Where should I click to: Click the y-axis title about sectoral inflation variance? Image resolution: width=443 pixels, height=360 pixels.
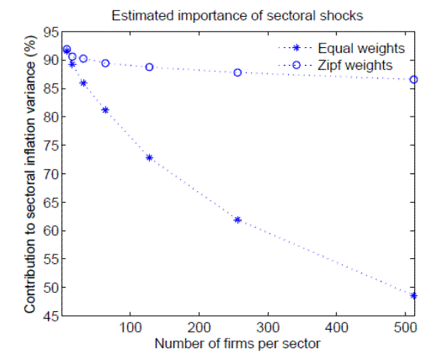[30, 173]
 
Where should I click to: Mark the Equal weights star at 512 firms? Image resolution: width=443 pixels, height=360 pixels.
[414, 295]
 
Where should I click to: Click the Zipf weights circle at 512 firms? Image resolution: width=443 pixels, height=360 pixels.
[414, 80]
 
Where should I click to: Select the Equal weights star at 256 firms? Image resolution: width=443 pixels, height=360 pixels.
[238, 220]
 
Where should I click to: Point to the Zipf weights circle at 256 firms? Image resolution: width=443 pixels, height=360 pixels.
[238, 72]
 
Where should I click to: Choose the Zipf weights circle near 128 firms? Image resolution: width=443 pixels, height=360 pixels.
[149, 67]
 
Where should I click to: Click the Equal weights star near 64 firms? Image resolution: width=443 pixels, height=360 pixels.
[106, 110]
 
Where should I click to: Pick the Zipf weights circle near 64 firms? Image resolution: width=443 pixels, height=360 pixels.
[106, 63]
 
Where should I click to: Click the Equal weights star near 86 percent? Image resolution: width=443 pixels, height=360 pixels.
[83, 83]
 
